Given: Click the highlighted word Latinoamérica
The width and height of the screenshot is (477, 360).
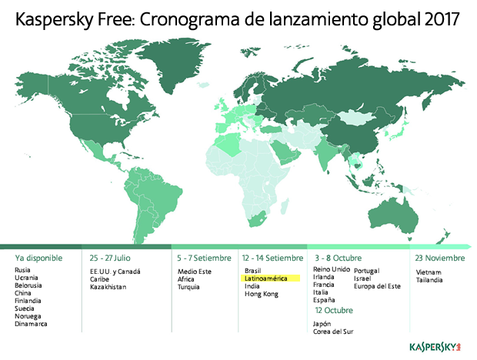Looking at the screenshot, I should coord(265,278).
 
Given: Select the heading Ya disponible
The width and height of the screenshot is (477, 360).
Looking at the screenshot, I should coord(38,258).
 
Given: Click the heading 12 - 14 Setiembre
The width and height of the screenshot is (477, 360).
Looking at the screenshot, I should coord(272,258).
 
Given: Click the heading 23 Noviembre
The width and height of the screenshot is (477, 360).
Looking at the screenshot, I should coord(439,258).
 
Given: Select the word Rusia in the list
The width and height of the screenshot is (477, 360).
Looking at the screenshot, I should coord(23,271).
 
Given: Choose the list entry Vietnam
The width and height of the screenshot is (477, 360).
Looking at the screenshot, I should coord(427,271).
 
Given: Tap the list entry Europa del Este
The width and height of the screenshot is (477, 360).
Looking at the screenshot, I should coord(378,287).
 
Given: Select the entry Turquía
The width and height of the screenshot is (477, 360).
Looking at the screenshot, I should coord(188,287).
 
